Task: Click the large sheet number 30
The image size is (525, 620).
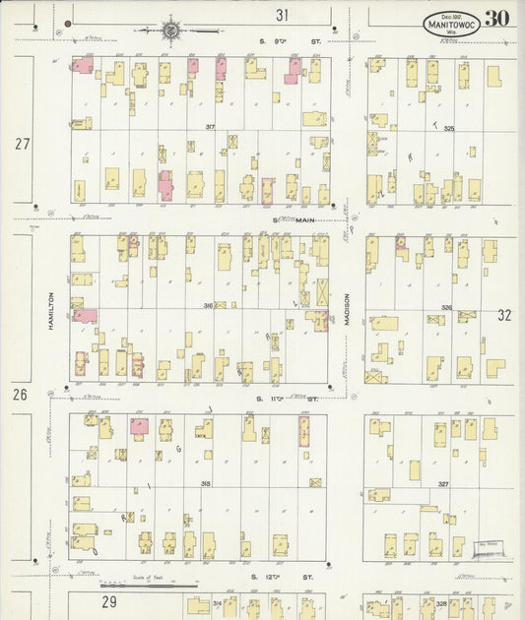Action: point(496,19)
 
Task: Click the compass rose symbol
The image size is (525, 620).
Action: point(172,31)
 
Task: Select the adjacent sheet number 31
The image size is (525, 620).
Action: point(283,15)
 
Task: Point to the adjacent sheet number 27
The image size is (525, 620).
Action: point(22,144)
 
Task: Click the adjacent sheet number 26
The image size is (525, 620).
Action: point(20,395)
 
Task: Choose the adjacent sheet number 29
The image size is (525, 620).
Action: point(108,599)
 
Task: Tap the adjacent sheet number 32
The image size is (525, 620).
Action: point(504,316)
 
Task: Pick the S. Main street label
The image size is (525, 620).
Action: point(285,219)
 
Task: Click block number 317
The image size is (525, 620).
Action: point(209,127)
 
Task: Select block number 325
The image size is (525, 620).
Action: point(449,128)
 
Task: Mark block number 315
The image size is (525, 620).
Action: point(206,484)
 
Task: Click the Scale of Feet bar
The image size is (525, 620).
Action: point(158,586)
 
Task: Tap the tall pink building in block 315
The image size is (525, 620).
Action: point(303,430)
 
